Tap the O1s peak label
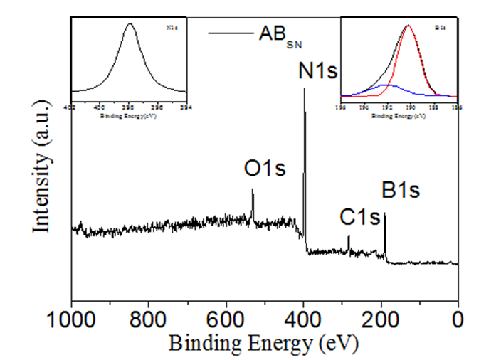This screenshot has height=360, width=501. [x=265, y=169]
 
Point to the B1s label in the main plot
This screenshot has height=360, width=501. [x=401, y=190]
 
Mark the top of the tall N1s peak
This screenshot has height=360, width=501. [x=305, y=89]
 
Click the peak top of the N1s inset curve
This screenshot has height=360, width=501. [x=130, y=23]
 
